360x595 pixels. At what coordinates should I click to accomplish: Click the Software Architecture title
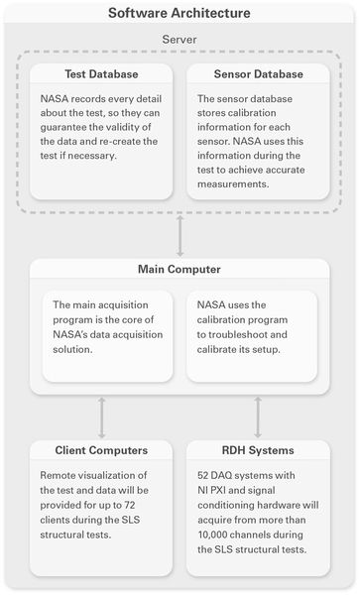tap(180, 14)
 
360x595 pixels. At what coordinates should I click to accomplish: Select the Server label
tap(180, 40)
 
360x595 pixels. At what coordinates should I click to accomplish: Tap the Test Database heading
tap(102, 74)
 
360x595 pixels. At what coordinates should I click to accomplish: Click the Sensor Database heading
tap(257, 74)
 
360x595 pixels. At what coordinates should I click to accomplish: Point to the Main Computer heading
tap(180, 271)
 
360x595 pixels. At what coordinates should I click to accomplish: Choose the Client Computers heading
tap(102, 451)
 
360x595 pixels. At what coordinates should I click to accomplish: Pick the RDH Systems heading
tap(257, 451)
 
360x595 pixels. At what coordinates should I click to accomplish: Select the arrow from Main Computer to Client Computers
tap(102, 418)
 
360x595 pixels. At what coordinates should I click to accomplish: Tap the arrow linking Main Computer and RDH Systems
tap(257, 418)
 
